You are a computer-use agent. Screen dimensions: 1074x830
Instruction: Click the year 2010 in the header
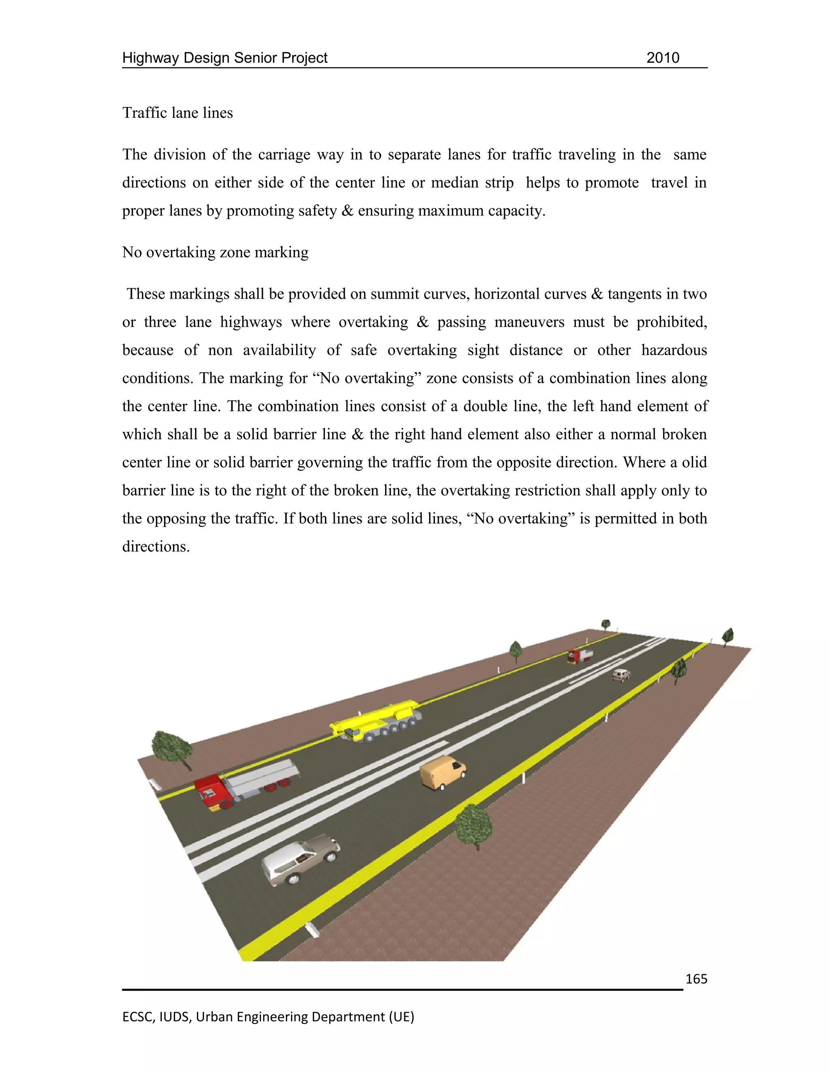coord(662,58)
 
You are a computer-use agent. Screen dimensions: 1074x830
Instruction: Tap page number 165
coord(696,979)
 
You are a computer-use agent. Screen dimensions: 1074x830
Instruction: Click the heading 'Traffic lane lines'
coord(178,113)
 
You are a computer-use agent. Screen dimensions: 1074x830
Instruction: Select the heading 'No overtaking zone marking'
coord(215,252)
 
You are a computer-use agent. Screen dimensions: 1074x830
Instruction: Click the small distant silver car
coord(620,675)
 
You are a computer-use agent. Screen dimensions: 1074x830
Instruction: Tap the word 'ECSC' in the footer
coord(138,1016)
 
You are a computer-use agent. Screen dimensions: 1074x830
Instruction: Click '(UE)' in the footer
coord(401,1016)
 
